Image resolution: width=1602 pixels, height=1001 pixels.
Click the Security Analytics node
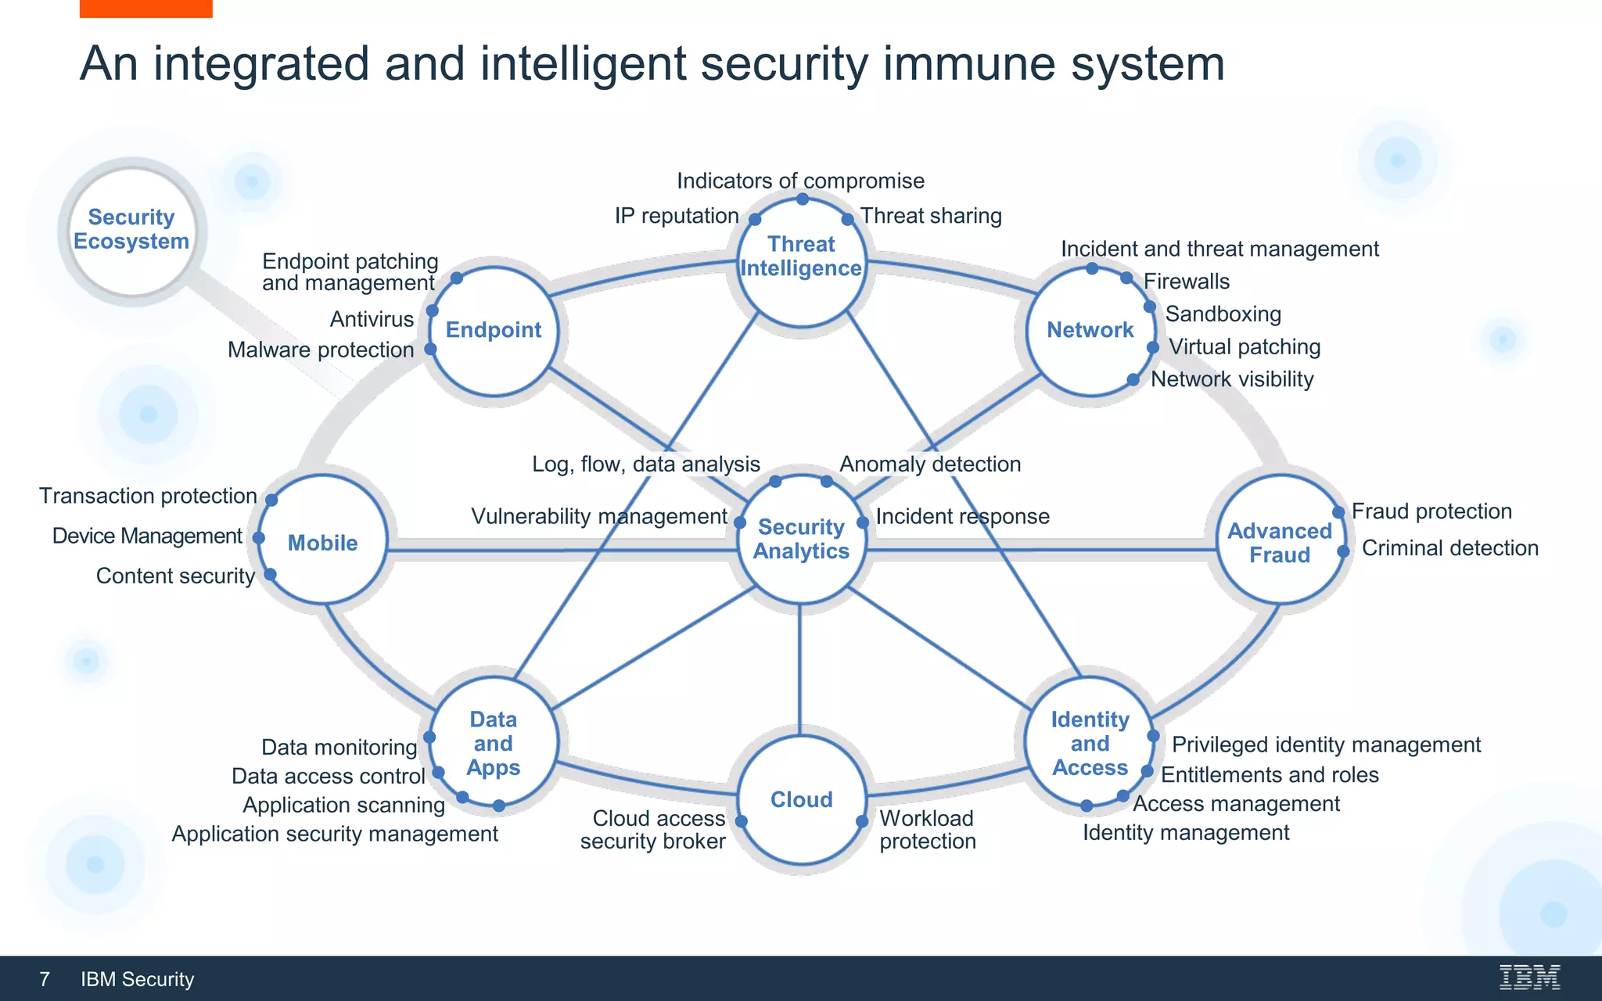[801, 539]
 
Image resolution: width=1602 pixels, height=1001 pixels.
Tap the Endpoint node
[494, 330]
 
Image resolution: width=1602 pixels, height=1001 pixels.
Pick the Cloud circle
[801, 799]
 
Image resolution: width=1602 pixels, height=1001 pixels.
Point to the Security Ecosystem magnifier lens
[131, 230]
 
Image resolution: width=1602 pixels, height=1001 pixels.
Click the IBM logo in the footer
[1529, 978]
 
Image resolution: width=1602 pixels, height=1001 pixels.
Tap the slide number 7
[45, 979]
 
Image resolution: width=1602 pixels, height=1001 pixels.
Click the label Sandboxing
[1223, 314]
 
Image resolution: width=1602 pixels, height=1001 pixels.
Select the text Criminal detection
[1449, 548]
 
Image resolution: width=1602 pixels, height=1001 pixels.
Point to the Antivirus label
[372, 319]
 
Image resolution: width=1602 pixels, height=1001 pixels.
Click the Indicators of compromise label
[800, 181]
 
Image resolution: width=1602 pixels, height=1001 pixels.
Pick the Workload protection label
[927, 830]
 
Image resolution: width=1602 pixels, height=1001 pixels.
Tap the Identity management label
[1185, 833]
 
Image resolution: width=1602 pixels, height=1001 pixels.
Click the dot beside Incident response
[863, 522]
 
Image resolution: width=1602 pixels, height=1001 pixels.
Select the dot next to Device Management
[258, 538]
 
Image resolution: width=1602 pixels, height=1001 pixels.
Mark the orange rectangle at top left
[145, 8]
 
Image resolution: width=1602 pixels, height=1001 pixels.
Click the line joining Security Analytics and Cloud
[799, 669]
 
